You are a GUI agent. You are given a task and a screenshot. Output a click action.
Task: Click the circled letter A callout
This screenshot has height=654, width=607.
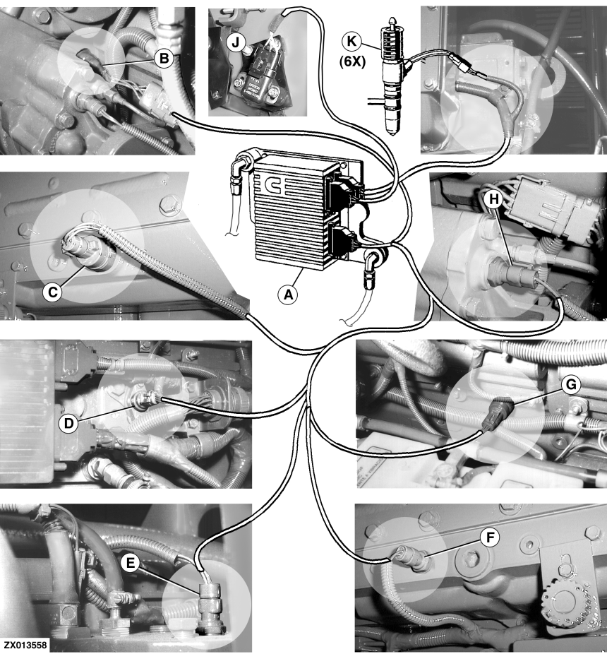point(289,295)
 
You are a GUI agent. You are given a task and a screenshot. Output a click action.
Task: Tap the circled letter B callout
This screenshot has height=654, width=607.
point(164,59)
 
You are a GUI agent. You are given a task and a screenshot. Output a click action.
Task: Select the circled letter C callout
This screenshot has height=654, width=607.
point(52,292)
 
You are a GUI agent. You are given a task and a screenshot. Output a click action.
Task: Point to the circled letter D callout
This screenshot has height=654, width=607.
point(68,424)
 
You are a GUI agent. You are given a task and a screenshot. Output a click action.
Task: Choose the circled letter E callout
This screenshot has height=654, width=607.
point(131,564)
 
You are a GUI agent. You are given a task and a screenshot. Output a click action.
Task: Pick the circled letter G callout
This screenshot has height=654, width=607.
point(571,384)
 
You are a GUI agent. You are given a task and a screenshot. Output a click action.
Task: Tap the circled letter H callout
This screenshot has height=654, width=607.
point(494,200)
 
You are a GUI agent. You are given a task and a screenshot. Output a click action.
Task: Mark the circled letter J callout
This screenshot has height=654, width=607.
point(236,42)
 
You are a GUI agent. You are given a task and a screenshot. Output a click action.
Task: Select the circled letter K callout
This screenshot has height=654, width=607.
point(352,41)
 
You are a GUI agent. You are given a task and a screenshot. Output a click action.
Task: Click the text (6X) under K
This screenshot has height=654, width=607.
point(352,61)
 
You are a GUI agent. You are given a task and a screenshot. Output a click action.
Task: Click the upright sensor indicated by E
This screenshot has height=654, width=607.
point(210,605)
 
